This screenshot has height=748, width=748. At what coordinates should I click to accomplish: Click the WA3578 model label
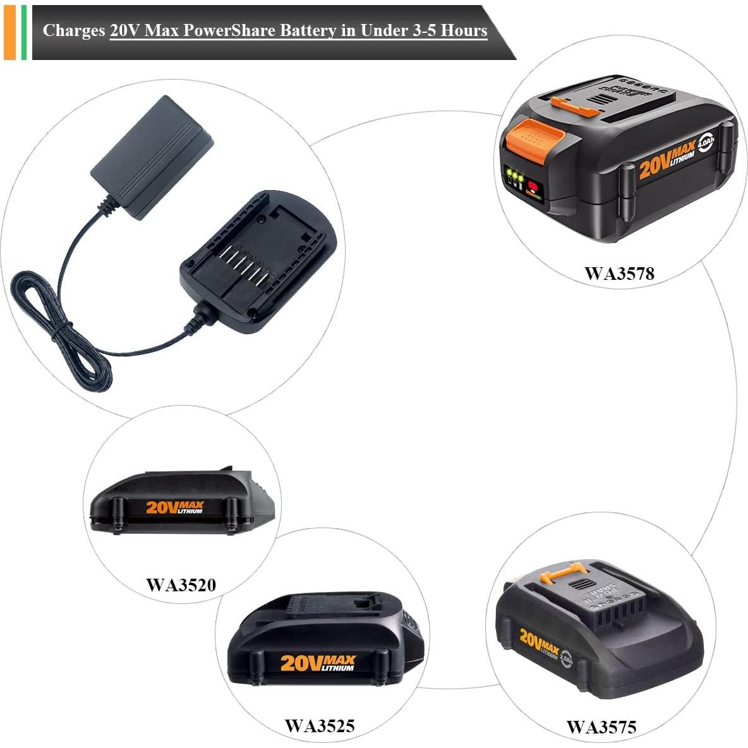point(619,274)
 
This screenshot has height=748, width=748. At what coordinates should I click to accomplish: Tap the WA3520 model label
point(181,584)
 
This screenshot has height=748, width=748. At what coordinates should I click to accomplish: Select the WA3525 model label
point(320,725)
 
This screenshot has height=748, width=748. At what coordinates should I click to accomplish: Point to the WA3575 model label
point(601,727)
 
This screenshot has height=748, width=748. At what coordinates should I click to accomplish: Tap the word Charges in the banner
point(74,30)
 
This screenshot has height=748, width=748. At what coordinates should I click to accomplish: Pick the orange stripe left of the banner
point(9,32)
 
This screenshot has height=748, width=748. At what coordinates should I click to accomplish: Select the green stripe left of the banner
point(24,32)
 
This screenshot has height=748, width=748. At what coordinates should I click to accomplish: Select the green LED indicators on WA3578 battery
point(514,176)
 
